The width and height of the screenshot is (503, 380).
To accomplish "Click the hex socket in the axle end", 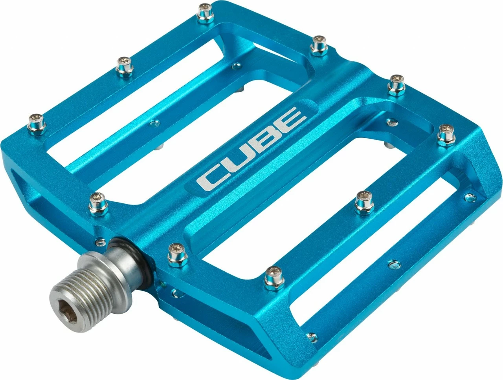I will (74, 312).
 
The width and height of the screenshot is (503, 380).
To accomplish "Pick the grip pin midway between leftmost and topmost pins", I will (125, 66).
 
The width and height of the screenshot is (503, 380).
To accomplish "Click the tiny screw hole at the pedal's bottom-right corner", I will (312, 337).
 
